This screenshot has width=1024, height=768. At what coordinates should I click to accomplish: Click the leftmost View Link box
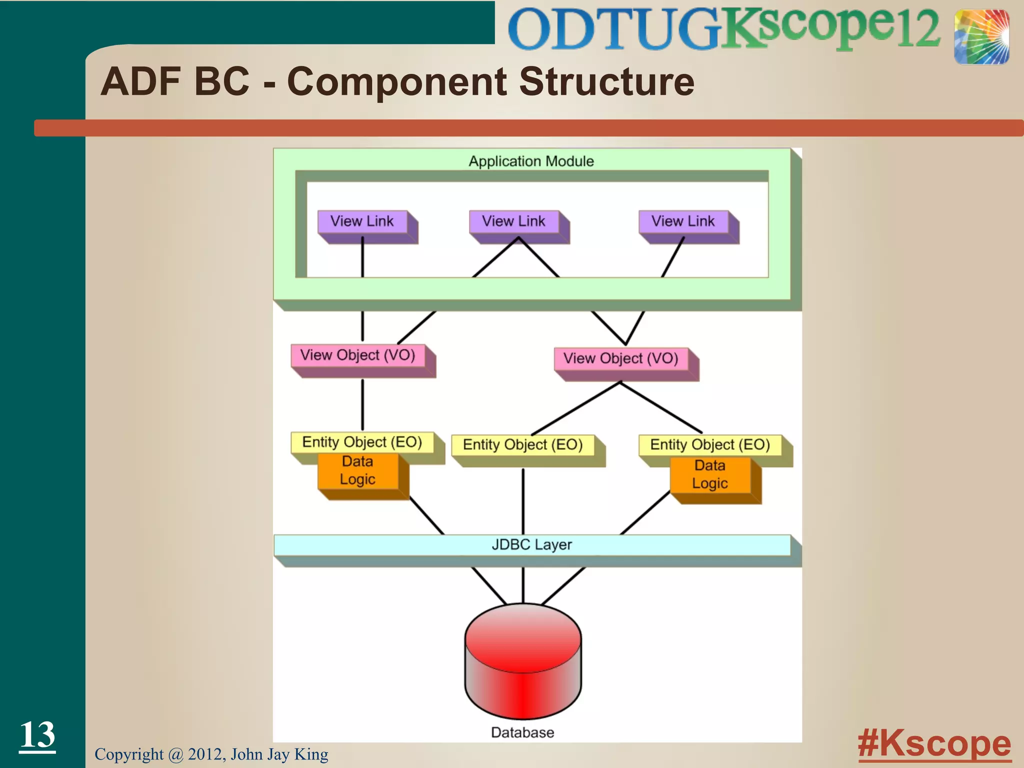tap(362, 221)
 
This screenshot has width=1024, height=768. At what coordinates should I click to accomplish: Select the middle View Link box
tap(514, 221)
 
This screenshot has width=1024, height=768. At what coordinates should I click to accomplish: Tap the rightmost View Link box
tap(683, 221)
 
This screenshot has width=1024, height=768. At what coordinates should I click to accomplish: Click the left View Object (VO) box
tap(358, 355)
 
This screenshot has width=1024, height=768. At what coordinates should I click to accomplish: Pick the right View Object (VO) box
tap(621, 358)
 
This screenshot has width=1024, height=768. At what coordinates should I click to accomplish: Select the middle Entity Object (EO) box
tap(523, 445)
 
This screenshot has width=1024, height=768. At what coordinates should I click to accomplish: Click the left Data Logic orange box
tap(358, 471)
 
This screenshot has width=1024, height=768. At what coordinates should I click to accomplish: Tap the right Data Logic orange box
tap(710, 475)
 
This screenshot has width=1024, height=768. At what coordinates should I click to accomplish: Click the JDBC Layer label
tap(531, 544)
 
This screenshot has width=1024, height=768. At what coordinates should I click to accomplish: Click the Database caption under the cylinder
tap(522, 732)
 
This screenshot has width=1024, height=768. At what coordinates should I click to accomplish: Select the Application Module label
tap(531, 161)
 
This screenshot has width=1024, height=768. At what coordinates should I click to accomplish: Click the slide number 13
tap(37, 734)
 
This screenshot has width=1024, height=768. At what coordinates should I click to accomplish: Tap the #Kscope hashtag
tap(934, 743)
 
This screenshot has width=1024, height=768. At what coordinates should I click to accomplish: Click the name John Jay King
tap(279, 754)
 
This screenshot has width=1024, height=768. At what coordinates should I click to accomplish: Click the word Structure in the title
tap(606, 81)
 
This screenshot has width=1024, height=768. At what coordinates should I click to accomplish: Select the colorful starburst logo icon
tap(981, 37)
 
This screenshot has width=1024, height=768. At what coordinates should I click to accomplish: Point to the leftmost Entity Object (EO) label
tap(362, 442)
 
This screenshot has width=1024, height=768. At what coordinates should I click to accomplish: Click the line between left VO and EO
tap(362, 405)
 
